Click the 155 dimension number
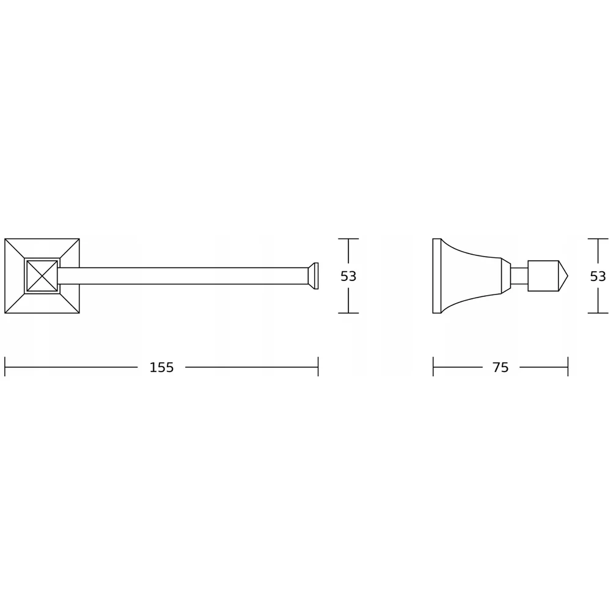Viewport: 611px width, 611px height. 162,367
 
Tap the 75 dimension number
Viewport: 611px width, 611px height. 501,367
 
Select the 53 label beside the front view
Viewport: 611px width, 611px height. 348,276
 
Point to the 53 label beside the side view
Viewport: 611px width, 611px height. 598,276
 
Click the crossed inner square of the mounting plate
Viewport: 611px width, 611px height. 42,276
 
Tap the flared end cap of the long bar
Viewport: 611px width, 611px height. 313,276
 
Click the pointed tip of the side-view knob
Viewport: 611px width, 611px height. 568,276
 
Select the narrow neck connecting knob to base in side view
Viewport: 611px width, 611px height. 519,276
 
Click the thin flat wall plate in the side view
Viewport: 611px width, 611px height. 437,276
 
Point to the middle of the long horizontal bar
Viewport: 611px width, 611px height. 183,276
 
